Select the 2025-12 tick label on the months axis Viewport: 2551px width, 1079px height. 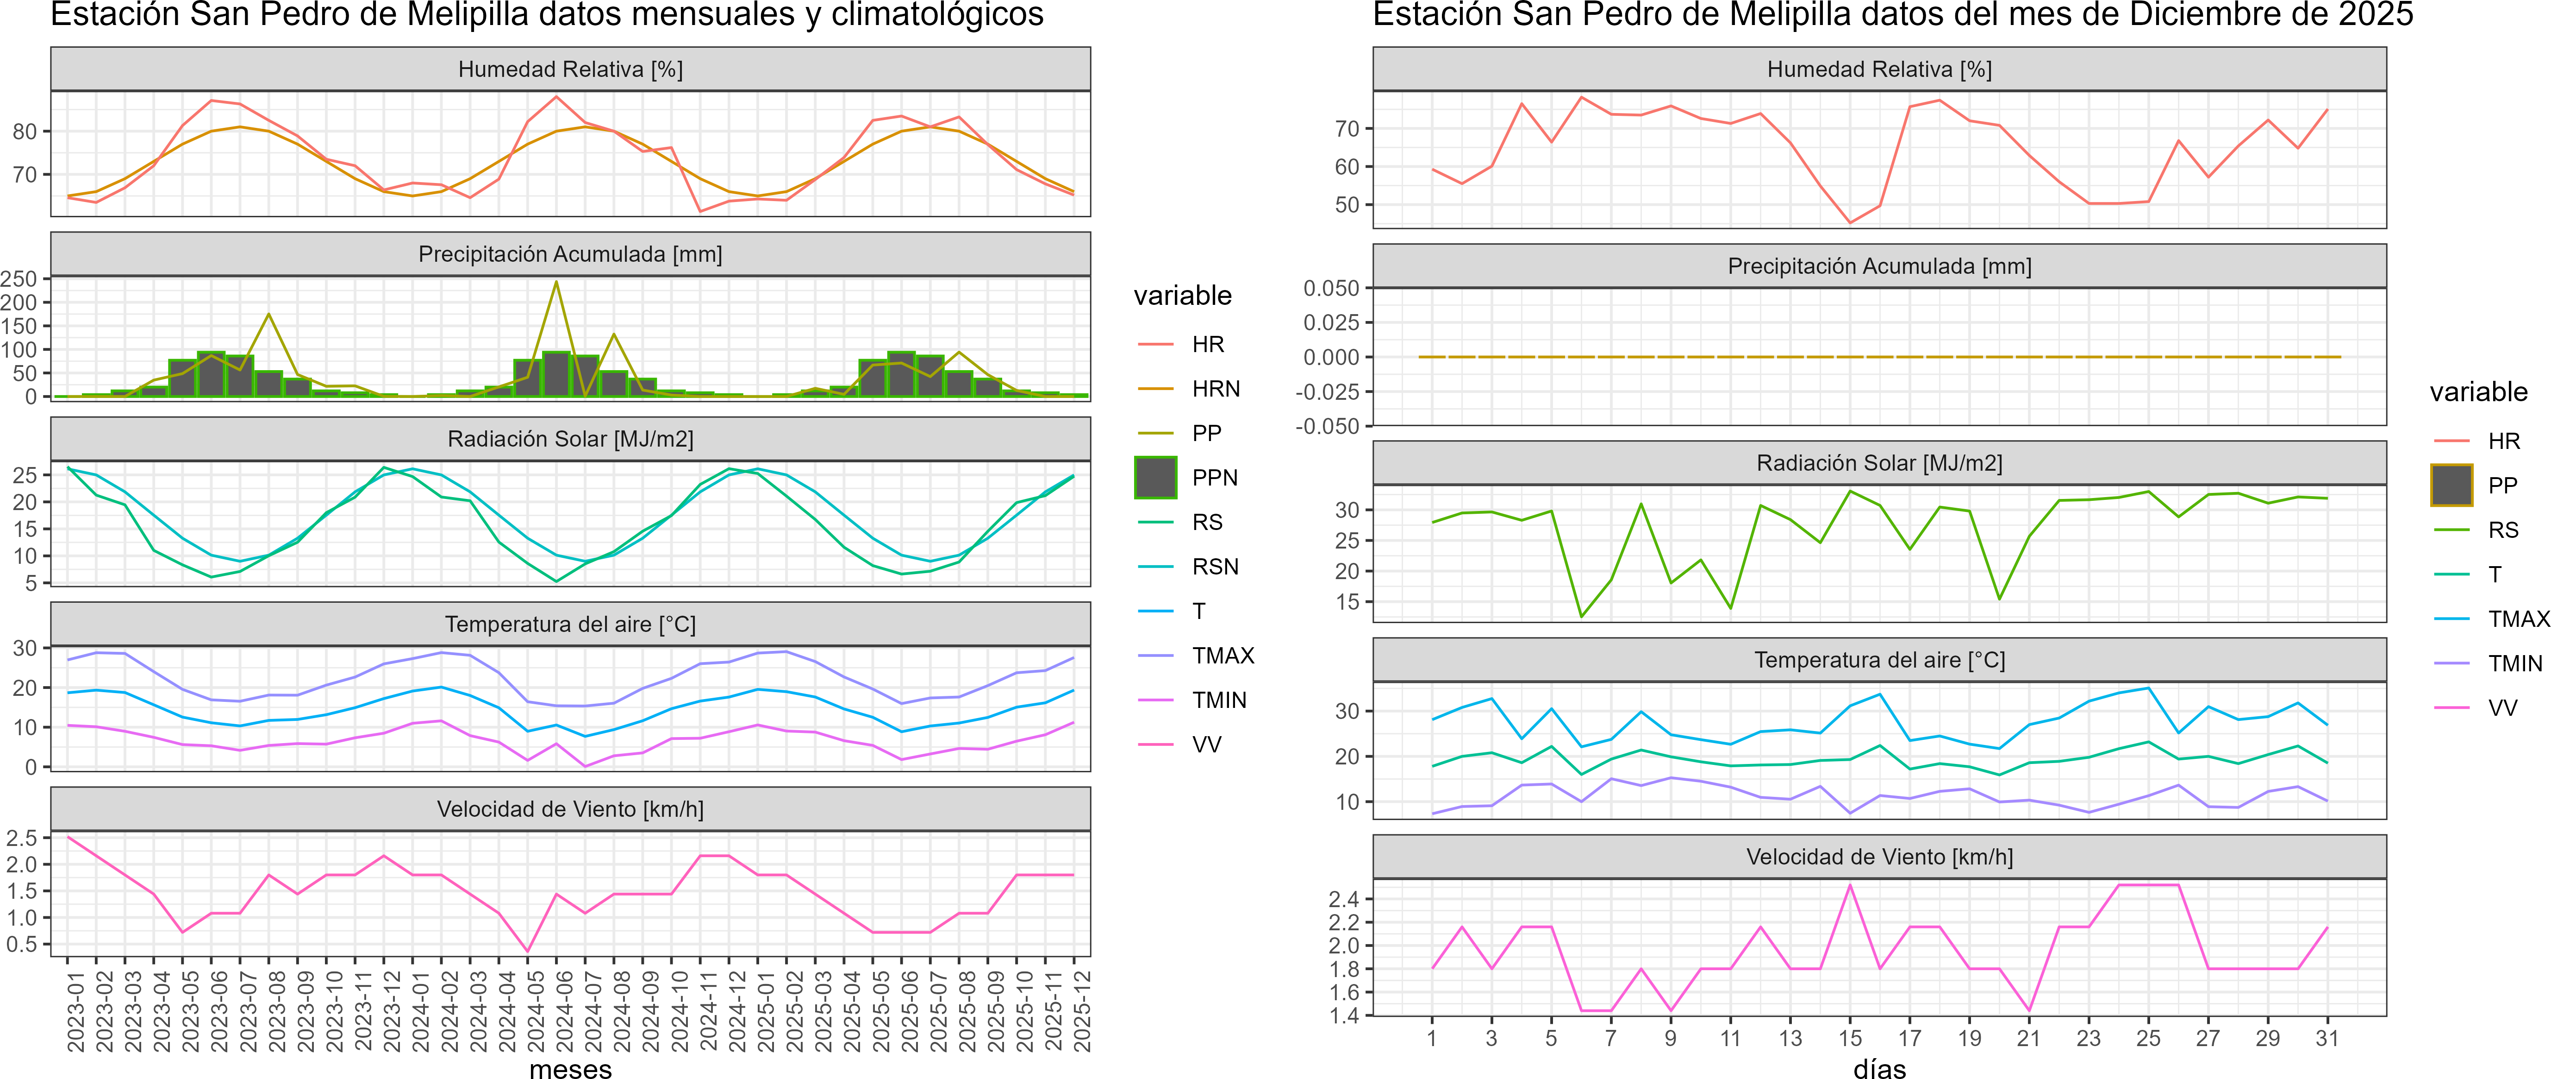(1082, 1010)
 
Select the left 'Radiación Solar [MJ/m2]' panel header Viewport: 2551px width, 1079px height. (570, 439)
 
